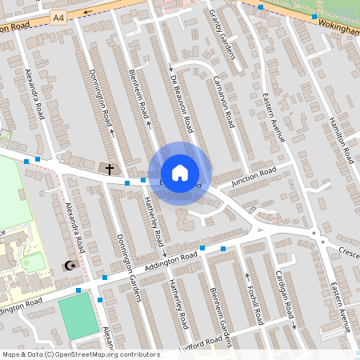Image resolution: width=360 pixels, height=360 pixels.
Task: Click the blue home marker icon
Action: coord(180,173)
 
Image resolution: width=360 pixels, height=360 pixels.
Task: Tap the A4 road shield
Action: coord(58,16)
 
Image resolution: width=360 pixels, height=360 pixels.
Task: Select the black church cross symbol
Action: coord(110,169)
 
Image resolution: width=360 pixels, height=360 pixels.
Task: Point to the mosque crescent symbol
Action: coord(70,266)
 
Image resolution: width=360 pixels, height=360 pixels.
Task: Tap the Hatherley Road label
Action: coord(154,222)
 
